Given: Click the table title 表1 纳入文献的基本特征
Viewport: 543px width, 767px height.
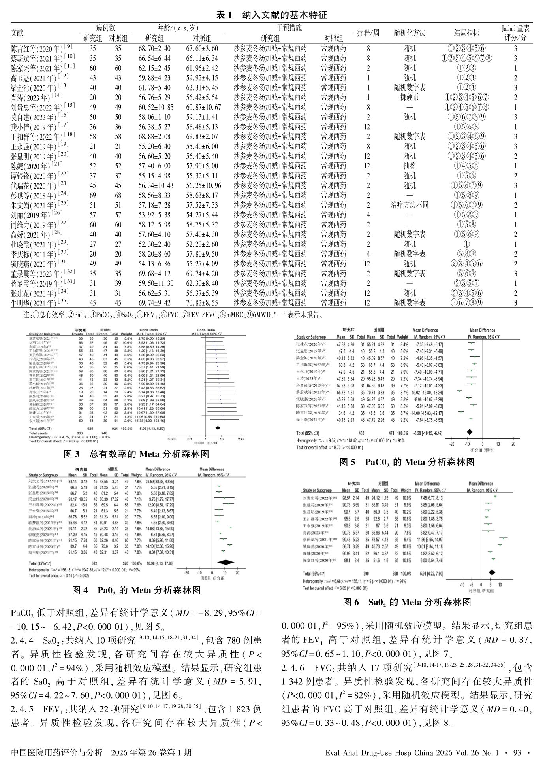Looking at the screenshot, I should [x=271, y=15].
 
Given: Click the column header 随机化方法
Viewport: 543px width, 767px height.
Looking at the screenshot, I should [x=409, y=33].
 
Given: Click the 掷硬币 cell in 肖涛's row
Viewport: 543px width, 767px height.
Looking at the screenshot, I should [x=409, y=97].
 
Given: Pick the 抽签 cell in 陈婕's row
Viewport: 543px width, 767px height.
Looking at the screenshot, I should [x=409, y=166].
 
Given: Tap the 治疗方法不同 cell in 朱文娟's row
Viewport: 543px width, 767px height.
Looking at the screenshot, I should [x=409, y=205].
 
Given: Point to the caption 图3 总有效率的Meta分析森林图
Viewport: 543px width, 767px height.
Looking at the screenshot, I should [x=136, y=454].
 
